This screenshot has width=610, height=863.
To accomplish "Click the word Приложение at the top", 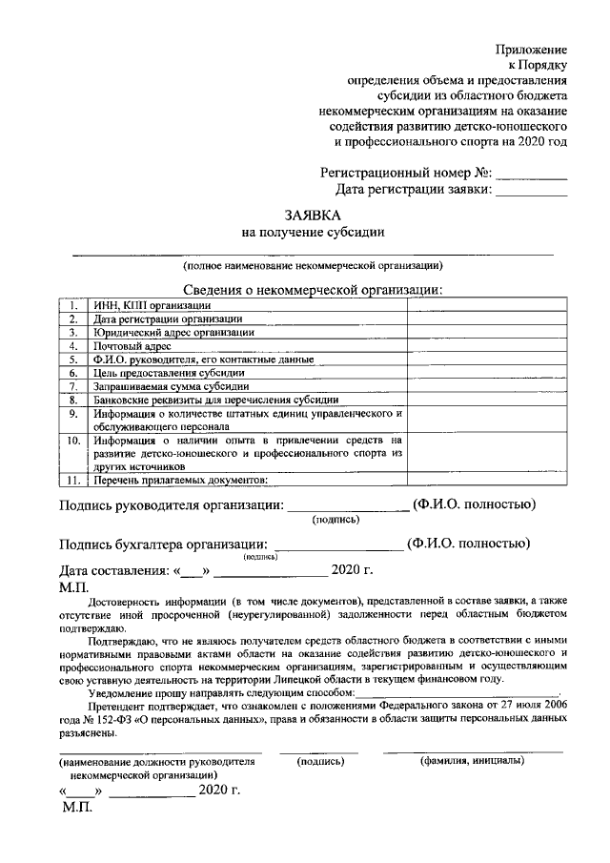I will (531, 49).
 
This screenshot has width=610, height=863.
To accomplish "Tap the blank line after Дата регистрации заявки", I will (532, 192).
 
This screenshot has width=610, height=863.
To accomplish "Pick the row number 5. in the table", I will (73, 360).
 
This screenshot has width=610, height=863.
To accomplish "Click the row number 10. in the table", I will (72, 441).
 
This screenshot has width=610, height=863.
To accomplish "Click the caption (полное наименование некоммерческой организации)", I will (313, 265).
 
